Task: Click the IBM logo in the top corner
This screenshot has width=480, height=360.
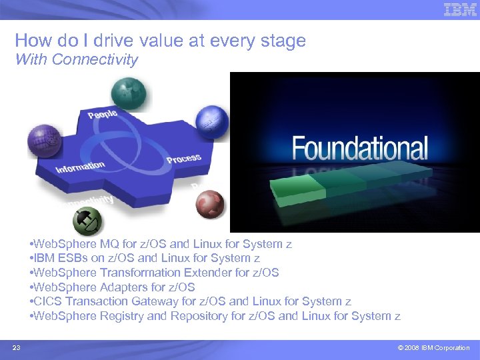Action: click(x=460, y=10)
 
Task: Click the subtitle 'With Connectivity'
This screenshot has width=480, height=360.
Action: click(x=76, y=59)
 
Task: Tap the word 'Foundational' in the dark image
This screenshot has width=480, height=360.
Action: click(x=359, y=149)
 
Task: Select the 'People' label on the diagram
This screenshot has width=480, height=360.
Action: click(x=103, y=114)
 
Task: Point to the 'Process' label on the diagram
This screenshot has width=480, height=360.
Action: click(x=183, y=159)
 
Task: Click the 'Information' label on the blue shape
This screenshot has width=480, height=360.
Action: click(x=80, y=167)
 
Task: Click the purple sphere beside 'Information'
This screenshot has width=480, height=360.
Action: click(x=44, y=141)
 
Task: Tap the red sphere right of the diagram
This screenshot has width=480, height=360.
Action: click(x=210, y=203)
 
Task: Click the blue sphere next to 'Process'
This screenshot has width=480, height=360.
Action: click(x=212, y=123)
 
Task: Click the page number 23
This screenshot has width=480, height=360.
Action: click(x=16, y=347)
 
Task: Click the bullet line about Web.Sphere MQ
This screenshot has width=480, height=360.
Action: click(x=160, y=244)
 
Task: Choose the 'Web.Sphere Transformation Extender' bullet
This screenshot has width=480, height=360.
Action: click(x=154, y=273)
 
